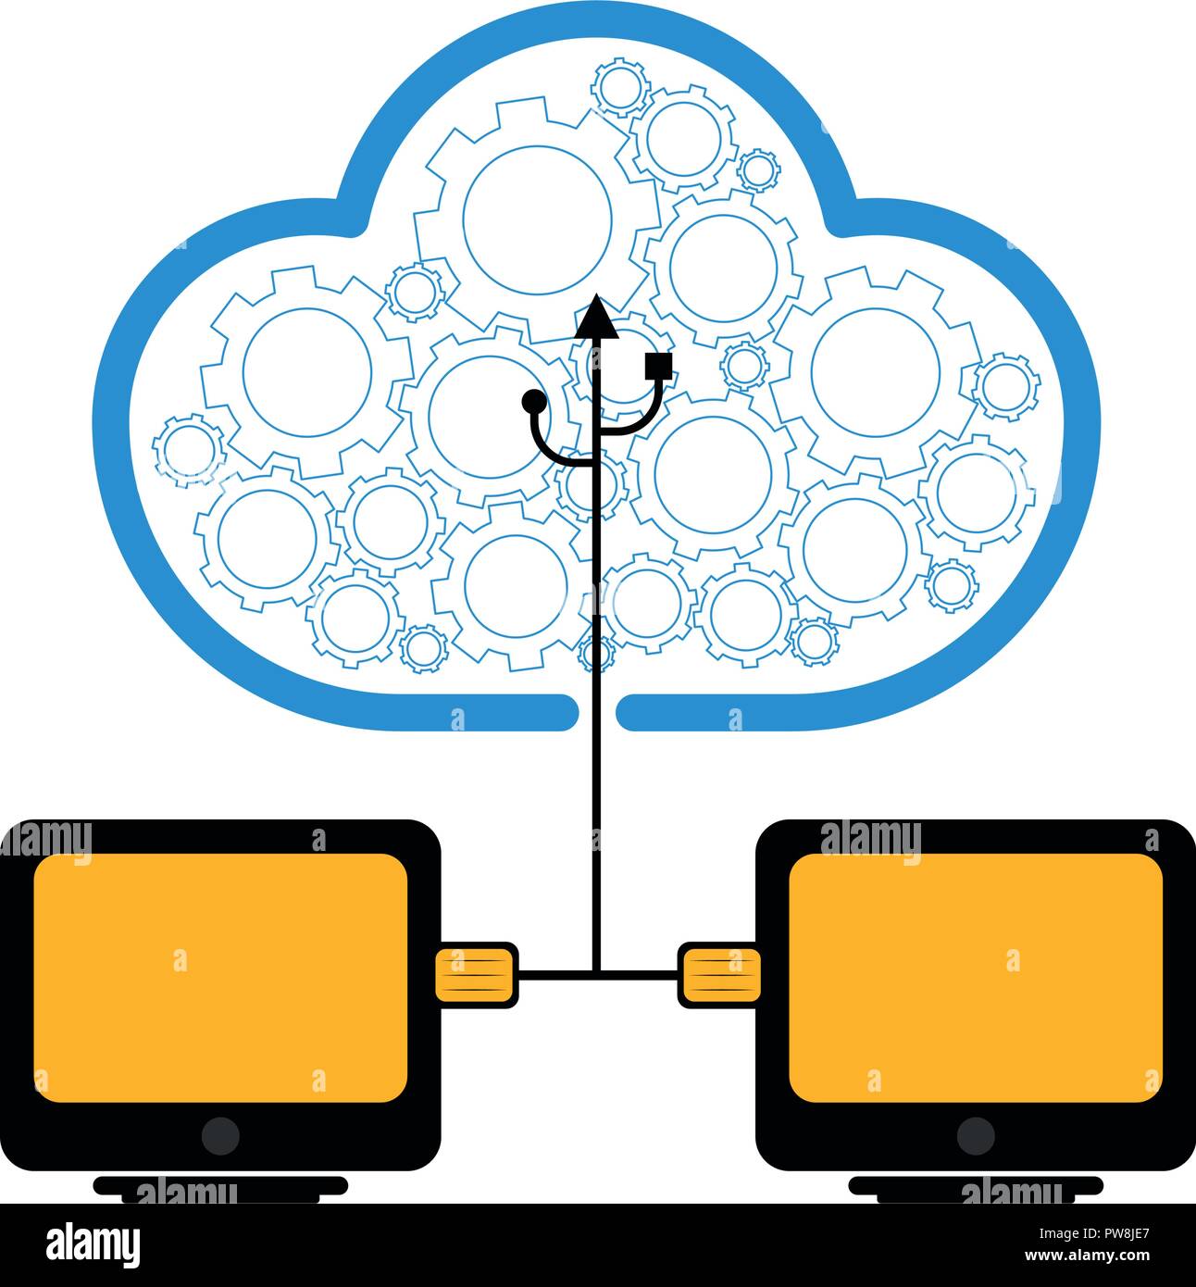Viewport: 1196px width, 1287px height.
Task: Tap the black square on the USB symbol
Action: (658, 365)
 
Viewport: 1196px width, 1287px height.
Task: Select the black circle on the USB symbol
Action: (534, 401)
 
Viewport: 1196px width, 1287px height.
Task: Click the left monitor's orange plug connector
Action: (476, 974)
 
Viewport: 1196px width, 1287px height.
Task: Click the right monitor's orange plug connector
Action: (720, 974)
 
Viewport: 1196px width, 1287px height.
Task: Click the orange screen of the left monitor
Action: (220, 977)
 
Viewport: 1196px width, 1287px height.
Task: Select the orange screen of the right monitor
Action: (976, 977)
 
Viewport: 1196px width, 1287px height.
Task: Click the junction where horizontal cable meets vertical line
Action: (596, 974)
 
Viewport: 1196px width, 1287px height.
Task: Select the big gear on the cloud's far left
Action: (307, 370)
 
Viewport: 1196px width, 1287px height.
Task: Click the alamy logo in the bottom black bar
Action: (93, 1244)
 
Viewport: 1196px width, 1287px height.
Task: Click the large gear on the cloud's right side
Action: (875, 370)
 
